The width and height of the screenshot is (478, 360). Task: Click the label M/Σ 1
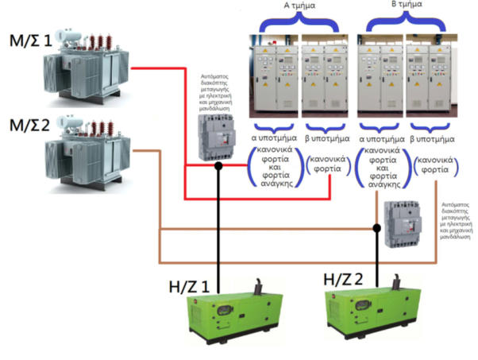(31, 40)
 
